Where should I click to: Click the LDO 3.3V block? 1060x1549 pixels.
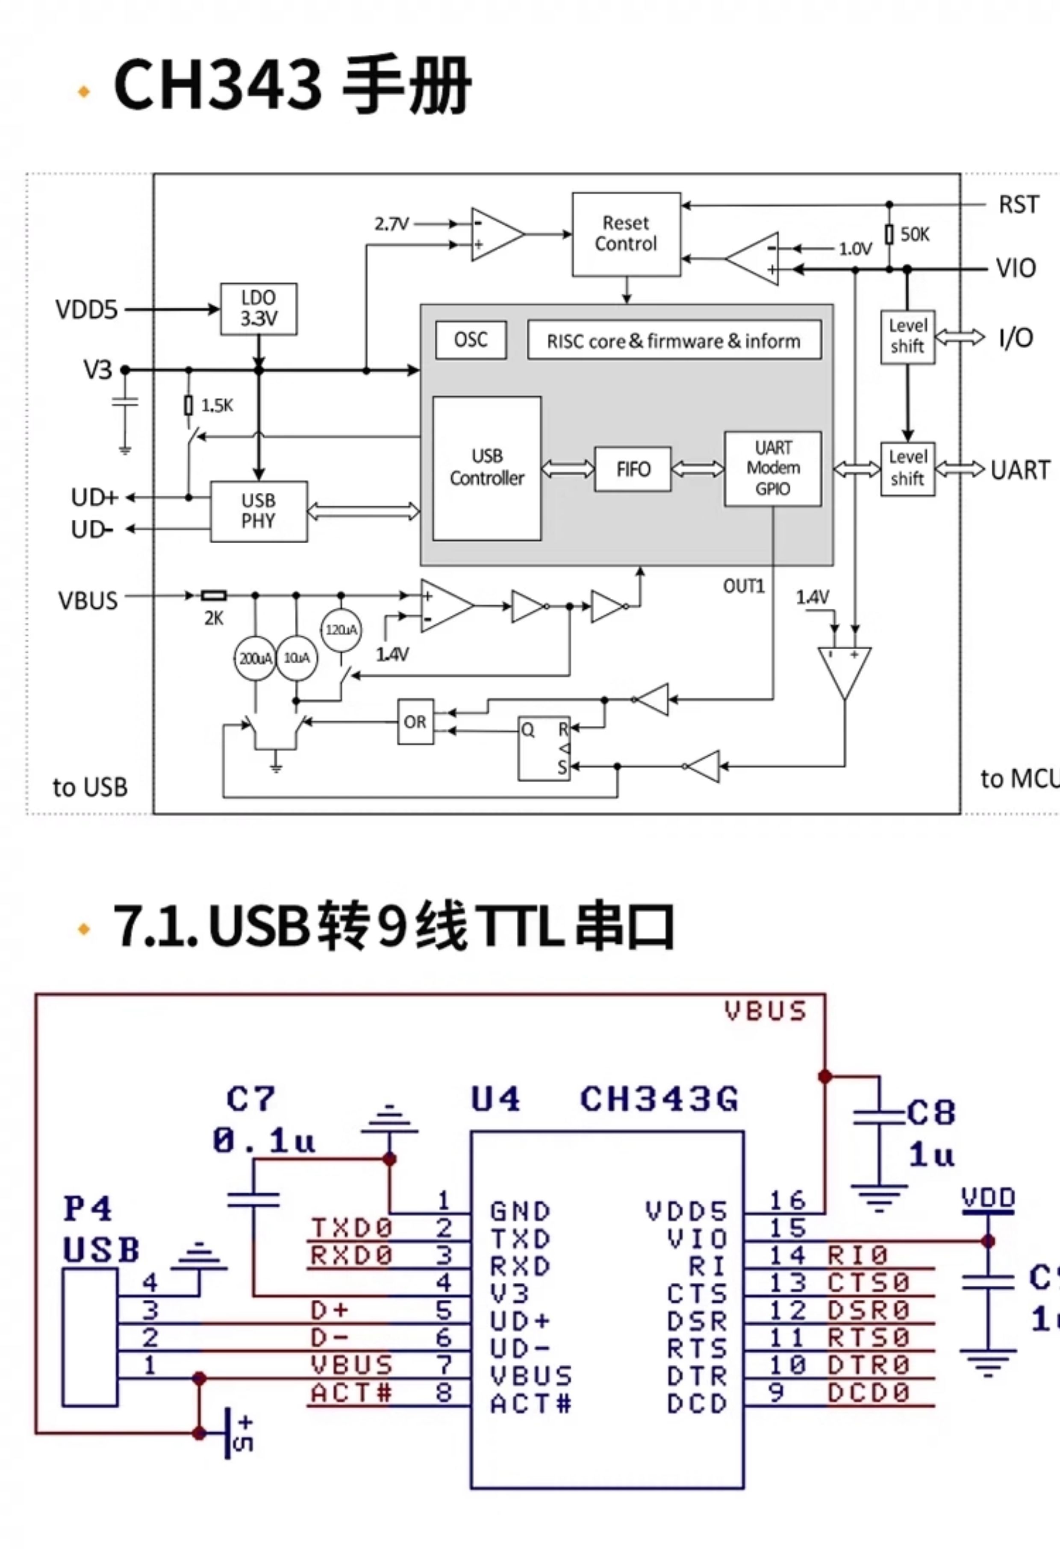pyautogui.click(x=259, y=309)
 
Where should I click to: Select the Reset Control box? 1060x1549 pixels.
pyautogui.click(x=626, y=234)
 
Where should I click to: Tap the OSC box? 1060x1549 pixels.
pyautogui.click(x=471, y=340)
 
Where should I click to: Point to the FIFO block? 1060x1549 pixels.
pyautogui.click(x=633, y=469)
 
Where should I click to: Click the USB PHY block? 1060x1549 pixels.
pyautogui.click(x=259, y=511)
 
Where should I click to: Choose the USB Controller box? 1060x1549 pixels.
pyautogui.click(x=487, y=468)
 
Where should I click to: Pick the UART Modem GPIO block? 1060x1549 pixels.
pyautogui.click(x=773, y=468)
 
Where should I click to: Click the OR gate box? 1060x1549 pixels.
pyautogui.click(x=415, y=722)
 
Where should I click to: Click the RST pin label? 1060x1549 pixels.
pyautogui.click(x=1018, y=205)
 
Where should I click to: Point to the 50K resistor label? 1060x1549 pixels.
pyautogui.click(x=915, y=235)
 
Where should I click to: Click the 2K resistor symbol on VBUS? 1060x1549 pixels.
pyautogui.click(x=214, y=595)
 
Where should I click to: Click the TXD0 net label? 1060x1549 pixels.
pyautogui.click(x=351, y=1228)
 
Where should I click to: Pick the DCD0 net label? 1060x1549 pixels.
pyautogui.click(x=869, y=1393)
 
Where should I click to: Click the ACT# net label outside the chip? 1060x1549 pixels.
pyautogui.click(x=351, y=1393)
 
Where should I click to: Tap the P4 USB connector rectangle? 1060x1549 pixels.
pyautogui.click(x=91, y=1338)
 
